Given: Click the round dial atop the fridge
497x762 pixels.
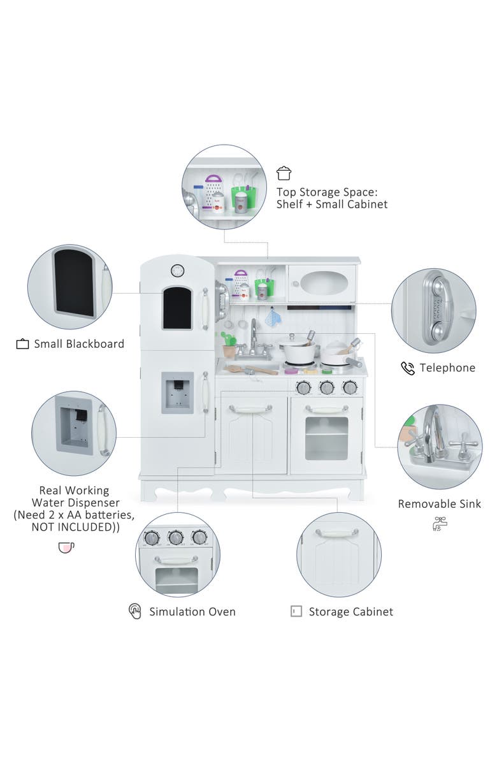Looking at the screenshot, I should pos(176,270).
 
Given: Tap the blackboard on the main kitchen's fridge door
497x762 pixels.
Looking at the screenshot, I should pos(176,308).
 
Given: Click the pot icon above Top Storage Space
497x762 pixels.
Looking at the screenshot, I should pos(284,173).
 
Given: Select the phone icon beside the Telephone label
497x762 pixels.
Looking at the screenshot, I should pos(407,368).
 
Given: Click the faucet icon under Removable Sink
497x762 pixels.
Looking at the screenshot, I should pos(440,524).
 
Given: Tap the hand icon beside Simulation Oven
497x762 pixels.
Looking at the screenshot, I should pos(135,612).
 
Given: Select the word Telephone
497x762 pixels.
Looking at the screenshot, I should pos(447,368).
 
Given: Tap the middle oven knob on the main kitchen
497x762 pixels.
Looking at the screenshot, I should pos(326,387).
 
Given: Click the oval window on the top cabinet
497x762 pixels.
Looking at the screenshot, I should pos(322,283).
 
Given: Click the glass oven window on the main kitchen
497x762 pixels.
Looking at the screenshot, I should pos(326,438).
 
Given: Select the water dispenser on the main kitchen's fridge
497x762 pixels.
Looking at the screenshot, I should pos(177,392).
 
